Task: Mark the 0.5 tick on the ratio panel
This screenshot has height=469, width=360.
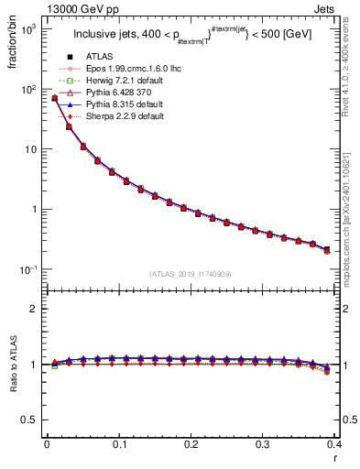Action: pos(32,420)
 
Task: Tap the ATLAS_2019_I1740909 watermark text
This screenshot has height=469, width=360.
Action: pos(190,274)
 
